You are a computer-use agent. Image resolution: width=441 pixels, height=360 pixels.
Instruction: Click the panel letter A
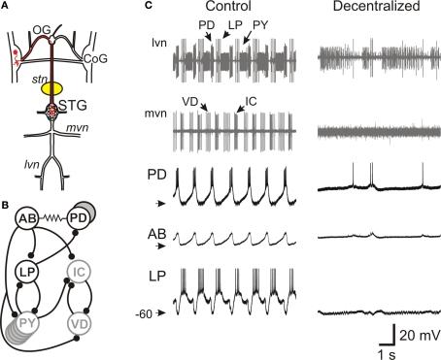[x=7, y=6]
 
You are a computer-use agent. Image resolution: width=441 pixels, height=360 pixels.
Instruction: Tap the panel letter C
[x=148, y=6]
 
